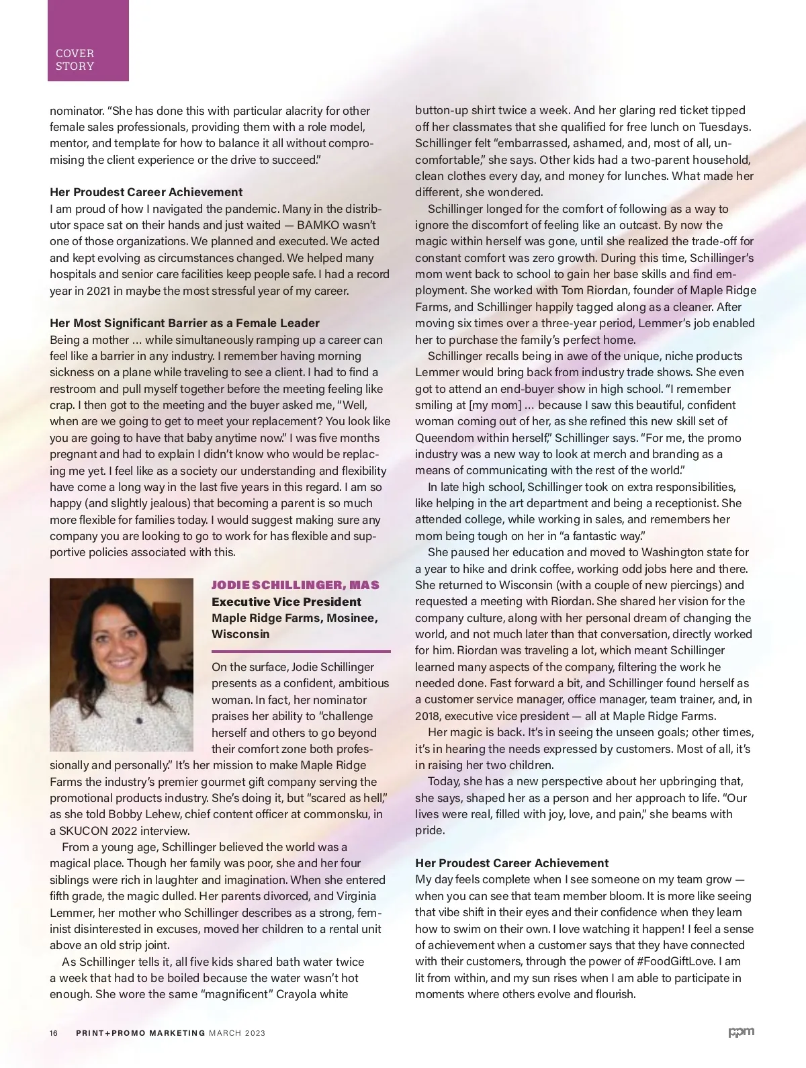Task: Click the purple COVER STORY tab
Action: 88,41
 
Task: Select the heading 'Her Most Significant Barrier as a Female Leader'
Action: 185,323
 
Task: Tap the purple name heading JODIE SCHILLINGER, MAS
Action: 296,585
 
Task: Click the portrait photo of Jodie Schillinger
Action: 121,664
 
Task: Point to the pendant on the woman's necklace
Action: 140,720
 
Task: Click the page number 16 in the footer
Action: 54,1033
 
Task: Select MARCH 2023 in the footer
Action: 237,1033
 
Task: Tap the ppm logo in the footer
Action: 742,1032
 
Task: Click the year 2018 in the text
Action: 428,716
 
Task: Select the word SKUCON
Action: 82,831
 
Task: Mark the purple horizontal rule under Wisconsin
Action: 301,651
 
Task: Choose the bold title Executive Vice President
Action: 286,602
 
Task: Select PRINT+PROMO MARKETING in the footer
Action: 140,1033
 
